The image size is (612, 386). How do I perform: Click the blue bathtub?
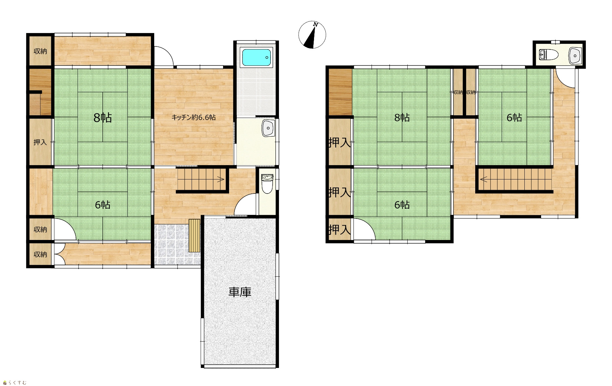click(256, 57)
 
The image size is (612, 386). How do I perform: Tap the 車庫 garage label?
click(240, 292)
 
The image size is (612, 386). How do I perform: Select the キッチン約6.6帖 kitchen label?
click(193, 117)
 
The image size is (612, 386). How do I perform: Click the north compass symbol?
click(312, 35)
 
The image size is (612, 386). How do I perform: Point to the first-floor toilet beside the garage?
click(267, 183)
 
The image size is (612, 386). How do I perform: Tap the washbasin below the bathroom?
click(268, 128)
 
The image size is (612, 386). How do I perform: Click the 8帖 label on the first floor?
click(102, 118)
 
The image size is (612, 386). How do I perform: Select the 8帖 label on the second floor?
click(402, 118)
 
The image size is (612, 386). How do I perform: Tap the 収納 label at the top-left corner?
click(40, 51)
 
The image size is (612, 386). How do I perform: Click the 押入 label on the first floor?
click(40, 142)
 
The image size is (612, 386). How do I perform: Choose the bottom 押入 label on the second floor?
click(339, 230)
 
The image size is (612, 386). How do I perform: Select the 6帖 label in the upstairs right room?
click(514, 118)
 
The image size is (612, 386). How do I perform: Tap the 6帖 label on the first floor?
click(102, 205)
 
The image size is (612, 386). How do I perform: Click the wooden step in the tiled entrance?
click(194, 235)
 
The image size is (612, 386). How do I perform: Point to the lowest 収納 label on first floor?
click(40, 254)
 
